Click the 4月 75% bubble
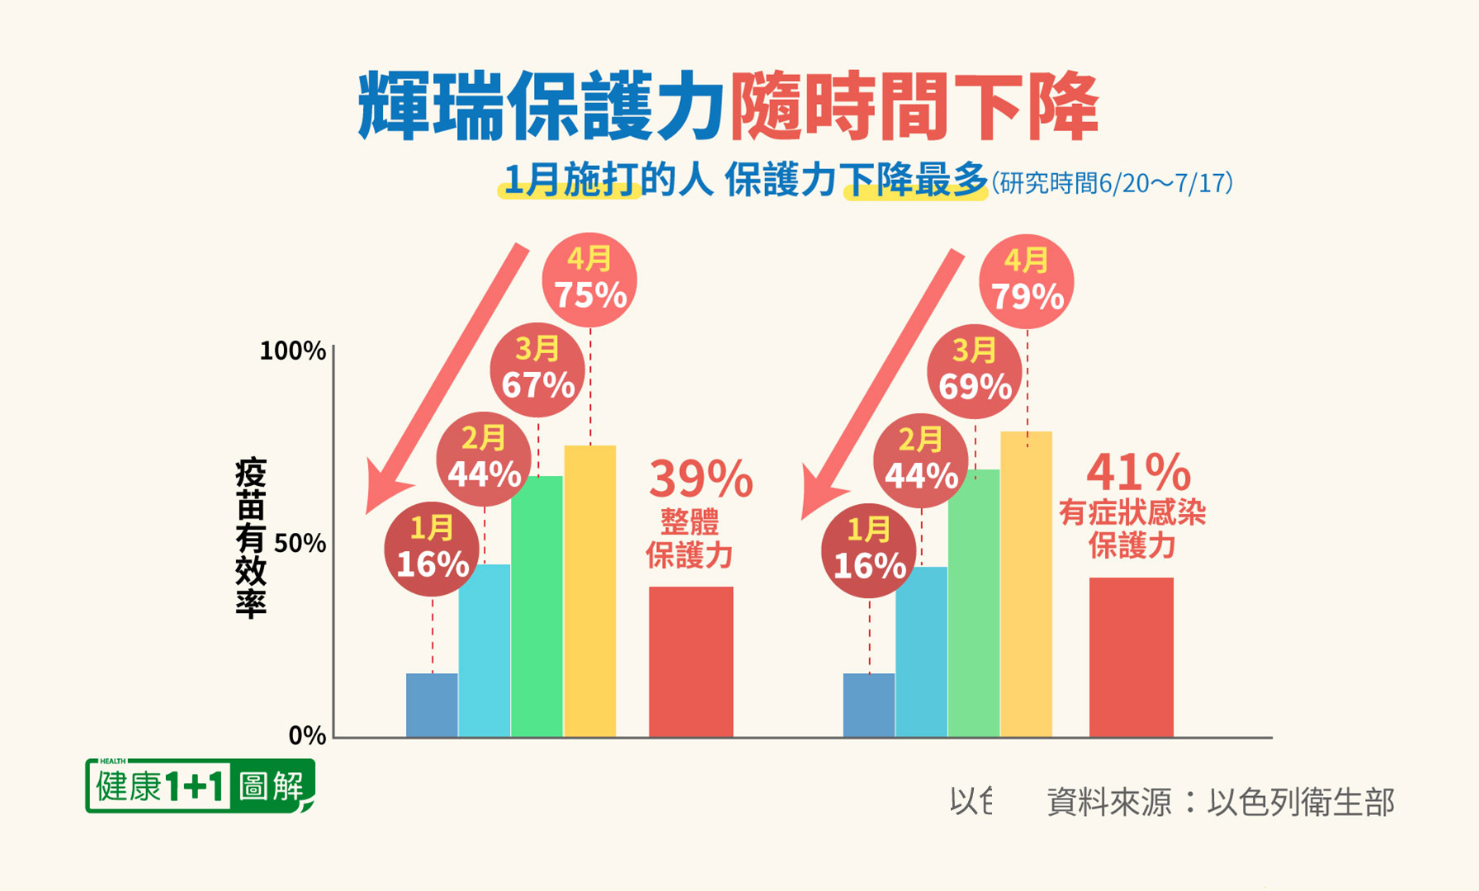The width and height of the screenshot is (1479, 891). pos(589,280)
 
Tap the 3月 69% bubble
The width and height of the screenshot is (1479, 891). pos(975,371)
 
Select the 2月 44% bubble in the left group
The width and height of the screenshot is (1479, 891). pos(484,459)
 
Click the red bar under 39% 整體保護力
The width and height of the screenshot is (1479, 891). pos(691,661)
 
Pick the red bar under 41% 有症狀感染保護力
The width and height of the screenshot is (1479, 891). pos(1131,657)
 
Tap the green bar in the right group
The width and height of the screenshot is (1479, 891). pos(974,602)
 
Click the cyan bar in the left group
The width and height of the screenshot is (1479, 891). pos(484,650)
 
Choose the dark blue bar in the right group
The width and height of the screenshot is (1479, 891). pos(868,705)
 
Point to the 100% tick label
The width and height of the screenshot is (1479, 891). pos(292,351)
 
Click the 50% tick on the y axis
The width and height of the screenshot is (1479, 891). pos(300,544)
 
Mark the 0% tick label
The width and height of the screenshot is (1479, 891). pos(307,735)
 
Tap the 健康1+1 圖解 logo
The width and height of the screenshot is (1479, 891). pos(199,785)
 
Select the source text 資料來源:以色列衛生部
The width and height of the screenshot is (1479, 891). pos(1220,802)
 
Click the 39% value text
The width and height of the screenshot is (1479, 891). pos(701,478)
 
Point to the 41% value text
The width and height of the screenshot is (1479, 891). pos(1138,472)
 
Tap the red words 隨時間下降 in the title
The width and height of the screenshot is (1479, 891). pos(914,107)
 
